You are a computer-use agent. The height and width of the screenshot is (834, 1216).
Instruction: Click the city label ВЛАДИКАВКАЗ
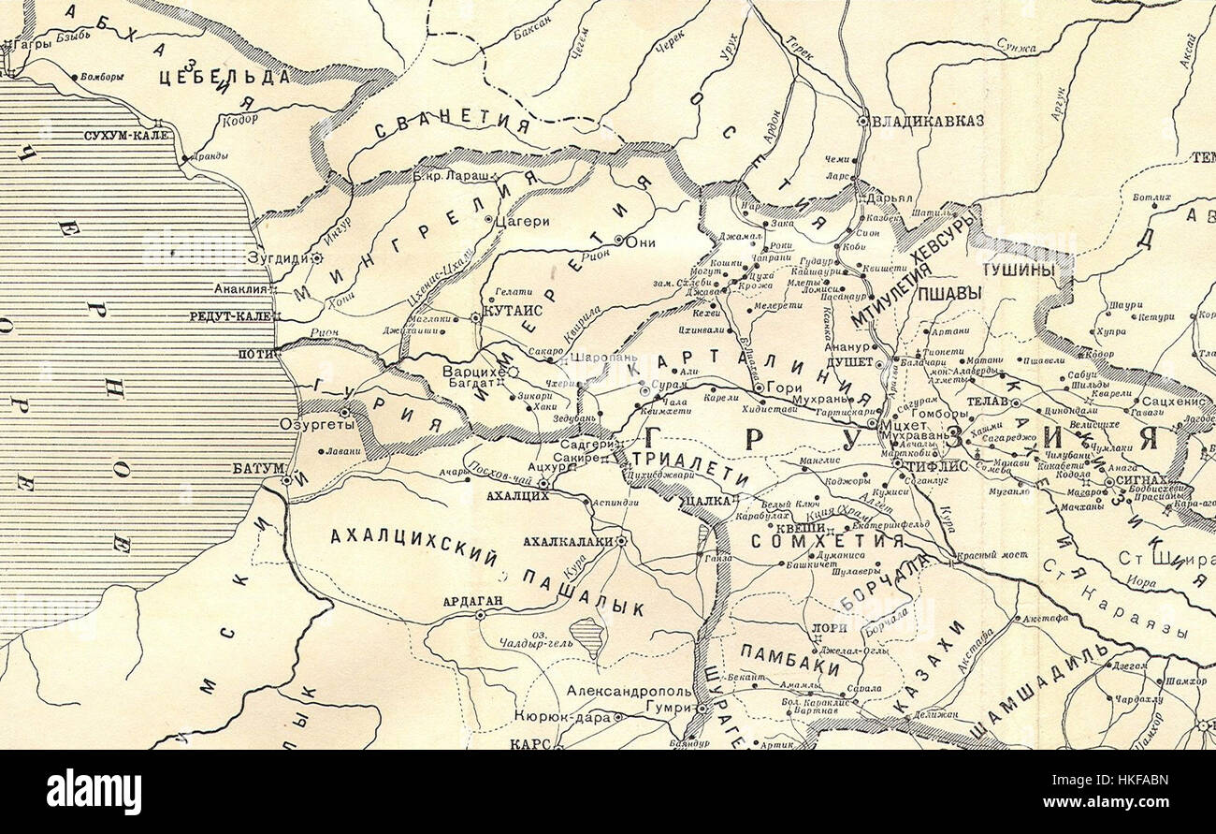click(x=927, y=121)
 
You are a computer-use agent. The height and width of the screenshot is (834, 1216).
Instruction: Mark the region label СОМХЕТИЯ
click(x=828, y=541)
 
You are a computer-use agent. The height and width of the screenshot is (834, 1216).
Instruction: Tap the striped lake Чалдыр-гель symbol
click(x=587, y=634)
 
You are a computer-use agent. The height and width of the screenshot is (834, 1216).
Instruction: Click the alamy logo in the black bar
click(x=94, y=792)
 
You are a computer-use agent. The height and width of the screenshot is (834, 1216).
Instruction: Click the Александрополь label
click(x=629, y=692)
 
